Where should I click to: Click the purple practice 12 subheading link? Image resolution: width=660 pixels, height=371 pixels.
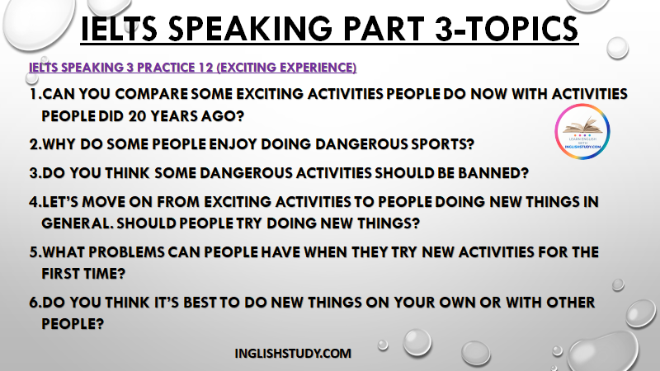coord(193,68)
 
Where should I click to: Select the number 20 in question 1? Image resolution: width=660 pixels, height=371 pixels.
coord(137,115)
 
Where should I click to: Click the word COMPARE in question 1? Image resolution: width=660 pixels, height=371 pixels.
coord(151,94)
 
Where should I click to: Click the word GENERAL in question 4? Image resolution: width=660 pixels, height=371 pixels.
coord(77,223)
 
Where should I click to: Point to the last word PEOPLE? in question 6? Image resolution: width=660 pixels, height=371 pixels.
coord(73,323)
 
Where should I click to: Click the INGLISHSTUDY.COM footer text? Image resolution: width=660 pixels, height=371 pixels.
coord(293,354)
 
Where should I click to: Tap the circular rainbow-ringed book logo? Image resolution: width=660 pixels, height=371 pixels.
coord(582,131)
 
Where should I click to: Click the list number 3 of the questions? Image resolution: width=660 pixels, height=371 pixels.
coord(34,173)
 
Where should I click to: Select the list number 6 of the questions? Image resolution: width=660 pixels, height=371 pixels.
coord(34,302)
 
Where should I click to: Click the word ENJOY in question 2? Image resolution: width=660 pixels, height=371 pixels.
coord(233,143)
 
